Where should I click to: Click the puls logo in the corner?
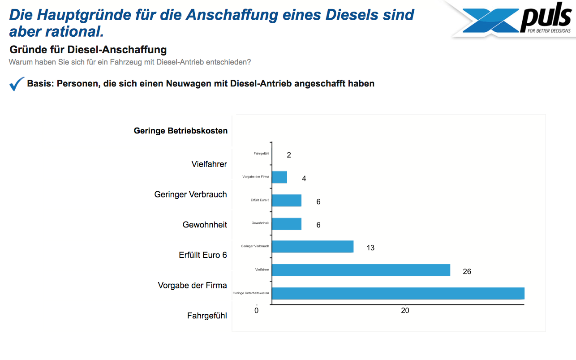click(515, 20)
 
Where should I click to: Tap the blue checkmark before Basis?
click(17, 84)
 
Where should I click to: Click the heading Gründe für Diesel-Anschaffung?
click(88, 50)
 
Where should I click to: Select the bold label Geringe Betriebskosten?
click(181, 131)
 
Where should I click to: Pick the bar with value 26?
click(361, 270)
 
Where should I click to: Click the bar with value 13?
click(313, 247)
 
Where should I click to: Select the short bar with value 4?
click(279, 177)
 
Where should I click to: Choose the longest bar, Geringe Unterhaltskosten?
click(398, 293)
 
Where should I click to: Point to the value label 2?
click(289, 155)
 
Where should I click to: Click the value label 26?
click(467, 271)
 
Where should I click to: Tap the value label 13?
click(370, 248)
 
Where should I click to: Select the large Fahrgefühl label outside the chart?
click(207, 316)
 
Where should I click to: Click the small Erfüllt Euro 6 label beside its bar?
click(260, 200)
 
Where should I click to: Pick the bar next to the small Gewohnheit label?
click(287, 223)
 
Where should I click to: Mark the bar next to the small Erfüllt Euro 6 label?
click(287, 200)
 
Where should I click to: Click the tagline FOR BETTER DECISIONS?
click(549, 31)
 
